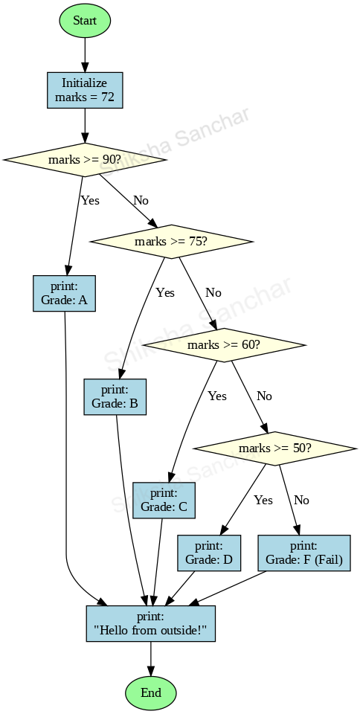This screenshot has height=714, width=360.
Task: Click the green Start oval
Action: (85, 21)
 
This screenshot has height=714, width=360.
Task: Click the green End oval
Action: (150, 692)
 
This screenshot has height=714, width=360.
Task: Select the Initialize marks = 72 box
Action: (84, 90)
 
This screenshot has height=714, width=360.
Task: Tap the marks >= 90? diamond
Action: (84, 159)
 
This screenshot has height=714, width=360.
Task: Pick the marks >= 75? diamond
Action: (171, 241)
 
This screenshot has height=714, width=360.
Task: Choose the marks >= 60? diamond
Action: (224, 344)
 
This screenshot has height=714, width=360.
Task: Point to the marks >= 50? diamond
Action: (274, 448)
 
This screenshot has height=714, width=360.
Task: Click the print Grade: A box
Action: (64, 293)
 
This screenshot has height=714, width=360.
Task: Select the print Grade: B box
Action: (115, 396)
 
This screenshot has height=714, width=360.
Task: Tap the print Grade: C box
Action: (164, 500)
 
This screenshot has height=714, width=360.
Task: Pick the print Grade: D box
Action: (209, 552)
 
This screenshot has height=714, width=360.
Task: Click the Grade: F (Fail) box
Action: (303, 552)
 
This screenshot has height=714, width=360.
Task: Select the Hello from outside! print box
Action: (150, 623)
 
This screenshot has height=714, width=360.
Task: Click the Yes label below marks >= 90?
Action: (90, 200)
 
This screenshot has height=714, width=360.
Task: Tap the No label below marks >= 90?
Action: (141, 200)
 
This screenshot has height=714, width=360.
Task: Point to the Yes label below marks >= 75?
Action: (165, 292)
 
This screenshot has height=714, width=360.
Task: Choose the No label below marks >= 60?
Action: (264, 396)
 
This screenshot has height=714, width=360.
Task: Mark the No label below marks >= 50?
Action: (301, 500)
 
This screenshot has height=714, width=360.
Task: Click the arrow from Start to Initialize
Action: (85, 54)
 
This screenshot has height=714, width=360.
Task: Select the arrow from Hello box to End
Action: (150, 657)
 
